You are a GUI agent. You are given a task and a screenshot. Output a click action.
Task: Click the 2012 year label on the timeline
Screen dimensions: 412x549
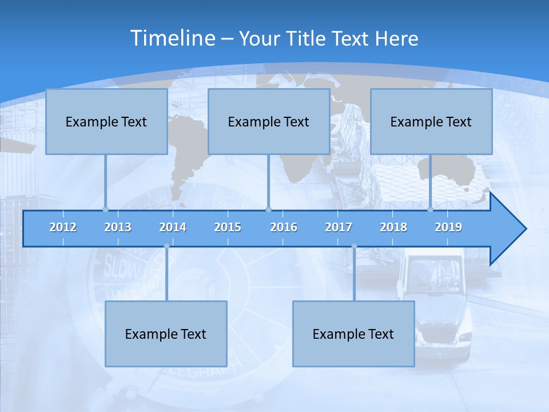click(63, 227)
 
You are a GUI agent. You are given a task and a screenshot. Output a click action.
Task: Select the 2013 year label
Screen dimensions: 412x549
click(118, 227)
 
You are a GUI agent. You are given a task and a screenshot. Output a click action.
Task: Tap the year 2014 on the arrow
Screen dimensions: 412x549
click(173, 227)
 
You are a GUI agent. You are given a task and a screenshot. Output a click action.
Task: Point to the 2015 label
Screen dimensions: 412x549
click(228, 227)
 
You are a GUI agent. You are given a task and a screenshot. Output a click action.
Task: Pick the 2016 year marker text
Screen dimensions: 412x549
click(284, 227)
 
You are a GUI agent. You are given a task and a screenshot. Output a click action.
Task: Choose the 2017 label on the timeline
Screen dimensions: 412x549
click(339, 227)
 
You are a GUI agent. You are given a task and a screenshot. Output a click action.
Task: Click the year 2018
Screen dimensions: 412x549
click(393, 227)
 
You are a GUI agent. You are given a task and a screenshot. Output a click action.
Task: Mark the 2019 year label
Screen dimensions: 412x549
click(448, 227)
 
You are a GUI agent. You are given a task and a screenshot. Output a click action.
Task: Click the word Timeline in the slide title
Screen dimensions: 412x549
click(172, 38)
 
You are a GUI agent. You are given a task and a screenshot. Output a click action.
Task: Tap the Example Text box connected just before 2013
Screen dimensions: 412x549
click(106, 121)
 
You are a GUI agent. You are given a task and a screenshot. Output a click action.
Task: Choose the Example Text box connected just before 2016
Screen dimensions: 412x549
click(269, 121)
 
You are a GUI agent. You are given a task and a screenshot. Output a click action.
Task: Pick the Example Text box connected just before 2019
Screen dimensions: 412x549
click(431, 121)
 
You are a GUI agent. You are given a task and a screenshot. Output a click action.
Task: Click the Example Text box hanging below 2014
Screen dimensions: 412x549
click(166, 334)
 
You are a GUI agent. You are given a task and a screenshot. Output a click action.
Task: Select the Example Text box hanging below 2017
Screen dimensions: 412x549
click(353, 334)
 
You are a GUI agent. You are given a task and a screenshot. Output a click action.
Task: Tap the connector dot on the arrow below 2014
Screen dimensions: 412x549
click(166, 246)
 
